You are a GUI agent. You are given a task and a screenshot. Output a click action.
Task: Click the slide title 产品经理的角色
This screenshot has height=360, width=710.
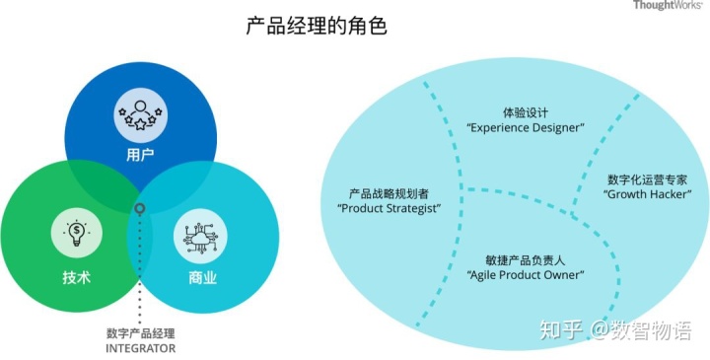tap(316, 26)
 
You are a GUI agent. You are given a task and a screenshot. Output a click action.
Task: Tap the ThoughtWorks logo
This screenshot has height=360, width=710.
tap(669, 6)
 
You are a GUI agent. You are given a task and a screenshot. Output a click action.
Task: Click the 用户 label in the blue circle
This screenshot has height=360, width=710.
tap(139, 156)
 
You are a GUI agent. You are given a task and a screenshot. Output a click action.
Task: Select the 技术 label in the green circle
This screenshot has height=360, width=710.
tap(76, 277)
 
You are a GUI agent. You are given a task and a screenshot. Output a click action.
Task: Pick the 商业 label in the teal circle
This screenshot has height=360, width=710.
tap(202, 277)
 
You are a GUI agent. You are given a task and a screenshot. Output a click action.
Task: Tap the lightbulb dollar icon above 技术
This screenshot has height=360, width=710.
tap(76, 234)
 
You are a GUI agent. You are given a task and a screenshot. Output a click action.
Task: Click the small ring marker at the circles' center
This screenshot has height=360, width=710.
tap(140, 209)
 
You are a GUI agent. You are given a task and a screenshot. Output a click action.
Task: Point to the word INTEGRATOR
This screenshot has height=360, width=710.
tap(140, 348)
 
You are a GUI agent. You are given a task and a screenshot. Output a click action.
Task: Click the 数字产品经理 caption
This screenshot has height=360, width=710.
tap(140, 332)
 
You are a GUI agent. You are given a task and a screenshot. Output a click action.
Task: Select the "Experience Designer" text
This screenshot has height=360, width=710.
tap(525, 128)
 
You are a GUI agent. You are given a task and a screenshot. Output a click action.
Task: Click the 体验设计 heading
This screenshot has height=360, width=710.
tap(525, 112)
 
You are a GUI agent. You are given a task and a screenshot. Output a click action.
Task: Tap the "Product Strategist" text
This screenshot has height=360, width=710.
tap(389, 209)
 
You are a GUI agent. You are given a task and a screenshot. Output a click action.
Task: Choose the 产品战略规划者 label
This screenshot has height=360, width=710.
tap(389, 193)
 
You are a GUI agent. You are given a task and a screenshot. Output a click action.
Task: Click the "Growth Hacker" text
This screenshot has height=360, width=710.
tap(647, 195)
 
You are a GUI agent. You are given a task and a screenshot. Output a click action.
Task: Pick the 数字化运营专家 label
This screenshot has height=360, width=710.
tap(647, 180)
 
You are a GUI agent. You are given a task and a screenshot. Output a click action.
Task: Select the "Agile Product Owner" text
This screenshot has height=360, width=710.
tap(524, 276)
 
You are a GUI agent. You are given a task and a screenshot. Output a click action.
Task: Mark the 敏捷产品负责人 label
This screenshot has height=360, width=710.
tap(524, 260)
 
